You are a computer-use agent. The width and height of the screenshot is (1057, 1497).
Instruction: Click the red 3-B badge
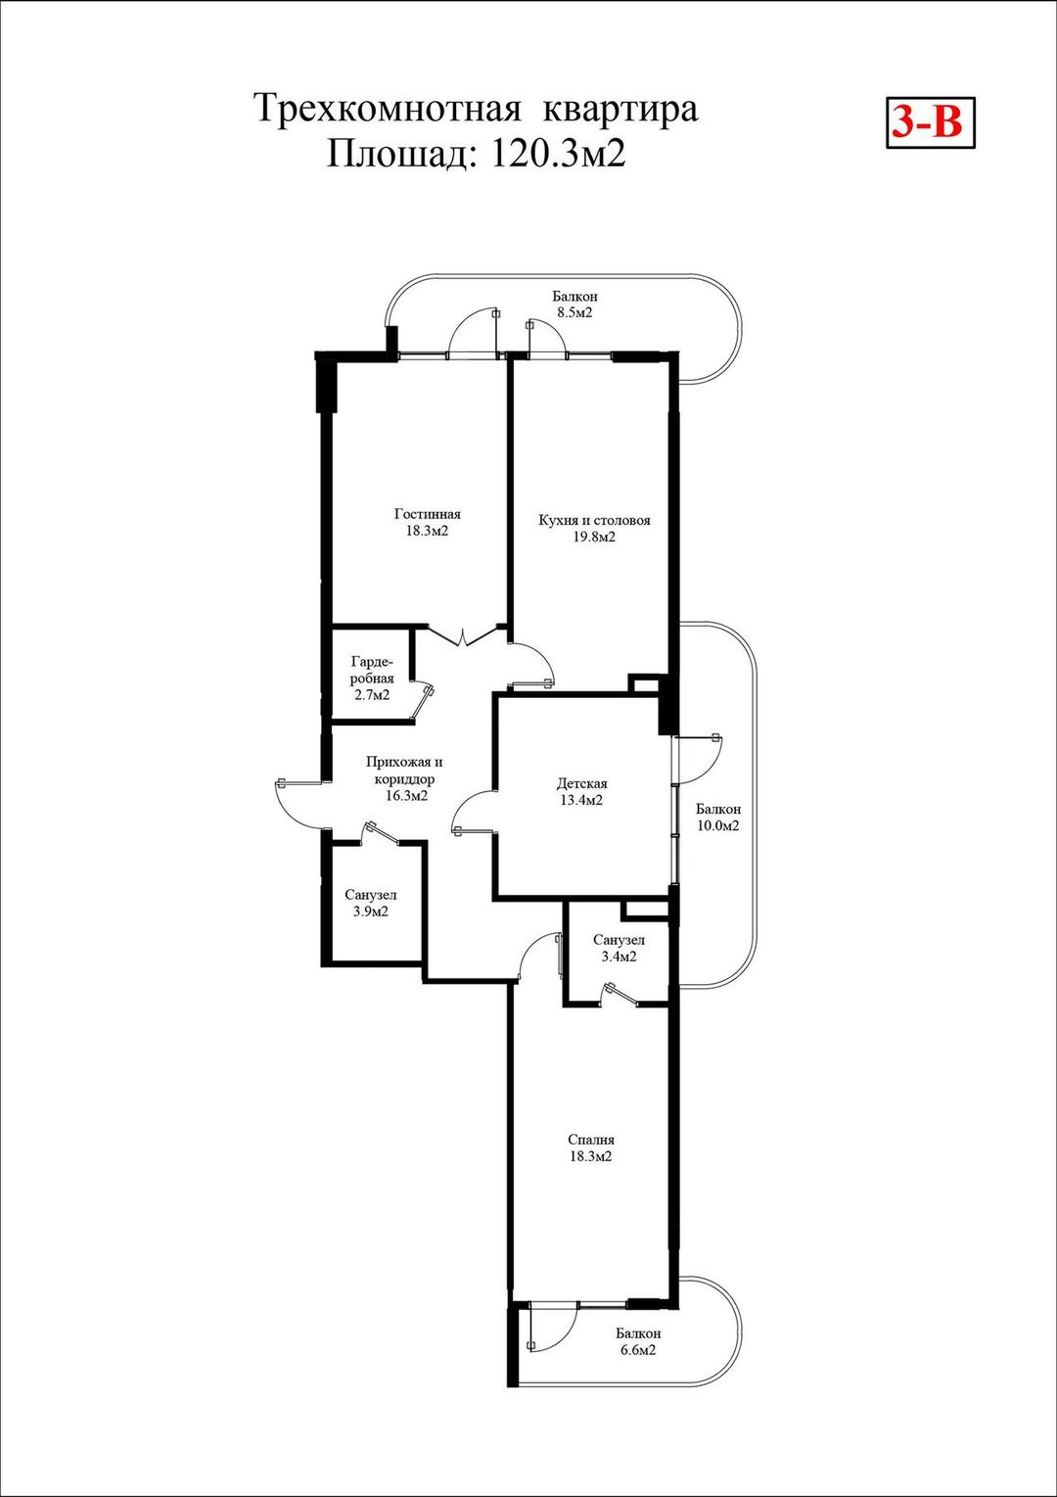pos(930,122)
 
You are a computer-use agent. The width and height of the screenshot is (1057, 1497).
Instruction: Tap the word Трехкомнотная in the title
pos(389,109)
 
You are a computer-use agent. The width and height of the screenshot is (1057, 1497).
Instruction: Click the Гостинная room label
pos(428,515)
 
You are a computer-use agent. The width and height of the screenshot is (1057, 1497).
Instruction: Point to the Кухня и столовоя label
pos(595,520)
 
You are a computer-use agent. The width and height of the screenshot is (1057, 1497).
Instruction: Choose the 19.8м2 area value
pos(594,537)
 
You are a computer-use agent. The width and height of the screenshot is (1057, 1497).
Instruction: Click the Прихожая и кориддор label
pos(405,771)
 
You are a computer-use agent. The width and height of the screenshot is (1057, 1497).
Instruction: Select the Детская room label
pos(582,783)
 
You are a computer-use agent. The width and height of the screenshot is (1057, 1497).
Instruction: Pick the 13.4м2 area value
pos(581,800)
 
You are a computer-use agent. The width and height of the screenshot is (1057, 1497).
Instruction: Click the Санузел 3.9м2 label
pos(371,903)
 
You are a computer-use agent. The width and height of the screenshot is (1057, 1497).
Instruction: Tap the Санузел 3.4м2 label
pos(619,949)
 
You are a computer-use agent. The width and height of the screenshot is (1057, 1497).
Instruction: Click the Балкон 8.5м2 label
pos(574,304)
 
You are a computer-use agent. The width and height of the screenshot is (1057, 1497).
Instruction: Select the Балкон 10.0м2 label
pos(717,818)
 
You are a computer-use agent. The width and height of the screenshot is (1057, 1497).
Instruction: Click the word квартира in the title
pos(620,110)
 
